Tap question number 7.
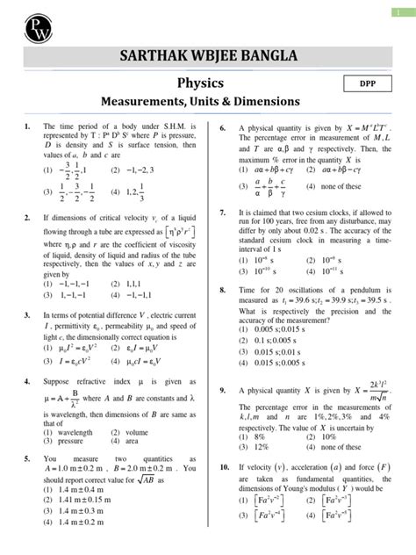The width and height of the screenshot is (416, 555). [x=224, y=213]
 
